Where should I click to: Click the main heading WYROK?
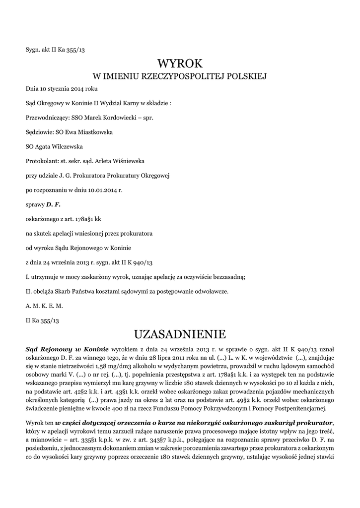pos(180,63)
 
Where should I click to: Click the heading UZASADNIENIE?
pos(180,333)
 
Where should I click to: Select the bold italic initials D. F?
pos(53,204)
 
